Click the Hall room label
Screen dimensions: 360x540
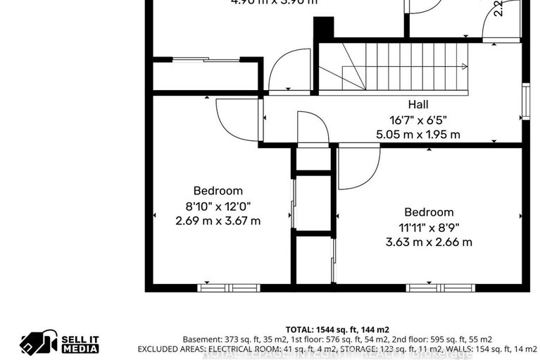click(418, 105)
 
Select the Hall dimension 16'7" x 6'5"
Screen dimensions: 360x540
click(418, 120)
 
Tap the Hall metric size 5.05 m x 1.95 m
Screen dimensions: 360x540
click(418, 134)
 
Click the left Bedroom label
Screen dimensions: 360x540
click(218, 191)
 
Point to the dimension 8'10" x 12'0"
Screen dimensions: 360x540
click(218, 206)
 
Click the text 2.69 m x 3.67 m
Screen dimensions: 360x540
click(218, 221)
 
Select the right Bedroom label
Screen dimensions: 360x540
click(429, 212)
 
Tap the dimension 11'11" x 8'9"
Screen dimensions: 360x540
click(429, 227)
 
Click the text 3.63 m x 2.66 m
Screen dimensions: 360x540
click(429, 242)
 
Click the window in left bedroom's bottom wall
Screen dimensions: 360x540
click(228, 287)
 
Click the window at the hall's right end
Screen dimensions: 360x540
click(525, 102)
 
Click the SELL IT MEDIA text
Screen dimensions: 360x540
click(80, 343)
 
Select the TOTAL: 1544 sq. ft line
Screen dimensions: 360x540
click(337, 329)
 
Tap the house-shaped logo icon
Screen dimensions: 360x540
click(37, 342)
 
